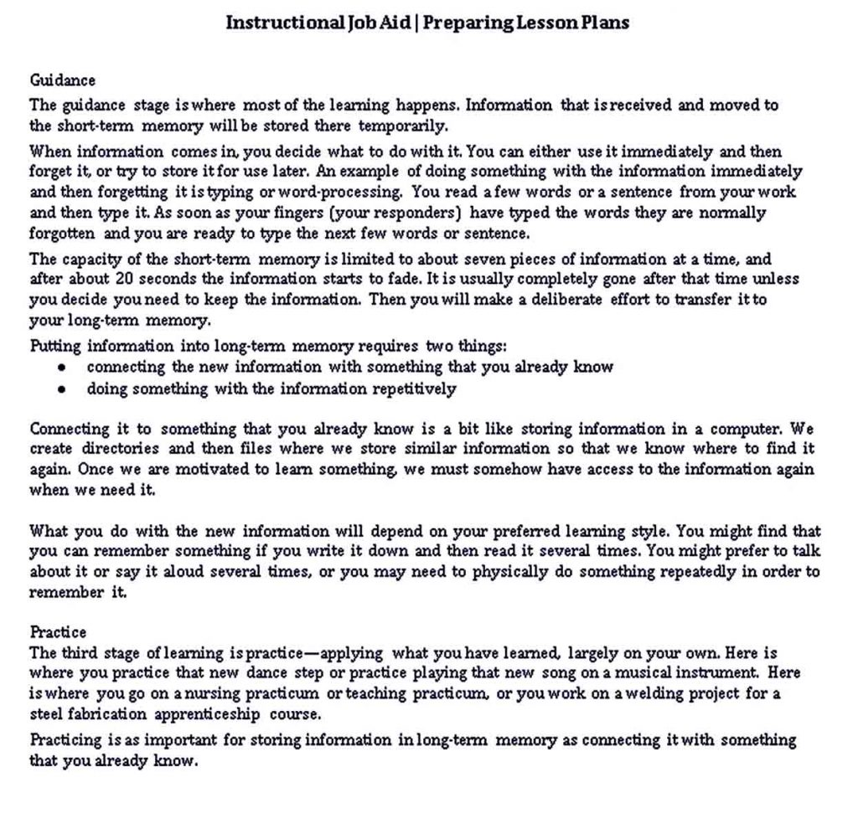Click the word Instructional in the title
(281, 23)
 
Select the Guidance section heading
(63, 80)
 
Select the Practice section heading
(58, 631)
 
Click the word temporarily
(403, 126)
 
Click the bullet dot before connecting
(62, 368)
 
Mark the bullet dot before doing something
(62, 389)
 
